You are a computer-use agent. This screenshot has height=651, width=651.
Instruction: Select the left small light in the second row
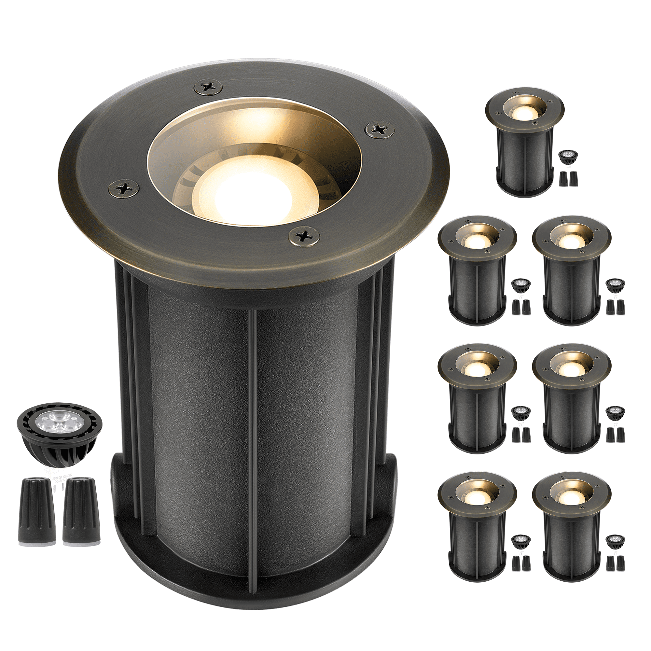[477, 270]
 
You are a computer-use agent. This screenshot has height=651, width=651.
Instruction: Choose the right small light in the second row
[571, 270]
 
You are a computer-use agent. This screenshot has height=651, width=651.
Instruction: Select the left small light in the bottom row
[477, 526]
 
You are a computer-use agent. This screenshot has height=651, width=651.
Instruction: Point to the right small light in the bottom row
[571, 526]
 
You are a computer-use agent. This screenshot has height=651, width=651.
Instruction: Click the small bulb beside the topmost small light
[568, 157]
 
